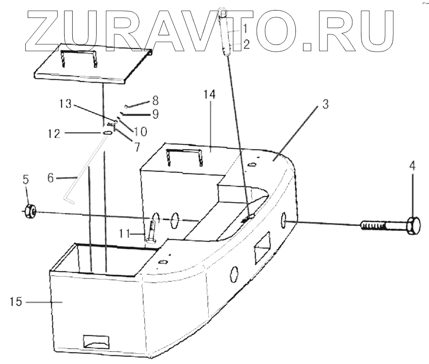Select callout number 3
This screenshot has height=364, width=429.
pyautogui.click(x=325, y=105)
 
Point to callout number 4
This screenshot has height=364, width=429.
pyautogui.click(x=412, y=166)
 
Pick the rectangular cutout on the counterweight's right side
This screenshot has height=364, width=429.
pyautogui.click(x=262, y=247)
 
